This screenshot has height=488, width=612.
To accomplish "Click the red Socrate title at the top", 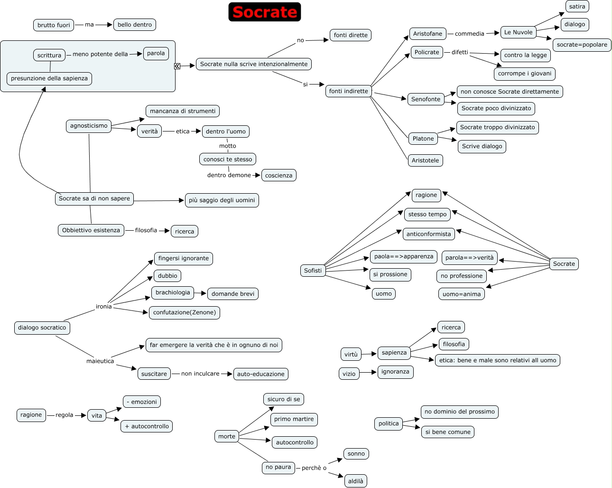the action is (x=264, y=12).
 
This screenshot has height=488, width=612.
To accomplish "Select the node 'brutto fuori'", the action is (x=54, y=25).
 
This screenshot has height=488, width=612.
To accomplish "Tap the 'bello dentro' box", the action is (x=135, y=25).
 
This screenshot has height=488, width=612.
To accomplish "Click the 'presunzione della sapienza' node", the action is (x=49, y=78).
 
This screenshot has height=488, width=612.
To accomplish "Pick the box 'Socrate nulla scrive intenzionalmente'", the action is (x=254, y=64).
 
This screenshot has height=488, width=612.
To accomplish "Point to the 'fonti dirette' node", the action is (x=351, y=35).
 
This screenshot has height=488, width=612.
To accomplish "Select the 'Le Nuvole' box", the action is (x=518, y=32).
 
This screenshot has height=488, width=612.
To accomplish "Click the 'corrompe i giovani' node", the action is (x=524, y=74).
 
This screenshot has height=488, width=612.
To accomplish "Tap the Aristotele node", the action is (x=425, y=160).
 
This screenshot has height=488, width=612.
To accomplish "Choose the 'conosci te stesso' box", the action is (x=228, y=159).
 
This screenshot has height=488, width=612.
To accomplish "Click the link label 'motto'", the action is (x=228, y=146).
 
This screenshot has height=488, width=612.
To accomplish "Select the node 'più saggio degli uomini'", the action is (x=222, y=200).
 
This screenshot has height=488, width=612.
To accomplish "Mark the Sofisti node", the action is (x=313, y=270).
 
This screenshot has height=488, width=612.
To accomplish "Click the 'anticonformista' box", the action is (x=428, y=234).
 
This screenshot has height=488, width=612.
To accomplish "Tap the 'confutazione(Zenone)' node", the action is (x=184, y=312).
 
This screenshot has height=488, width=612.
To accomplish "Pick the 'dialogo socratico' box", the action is (x=42, y=328).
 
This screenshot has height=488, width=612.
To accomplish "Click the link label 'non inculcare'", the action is (x=200, y=373).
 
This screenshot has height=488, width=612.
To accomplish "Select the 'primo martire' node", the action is (x=294, y=419).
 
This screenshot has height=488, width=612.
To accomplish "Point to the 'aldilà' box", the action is (x=355, y=481).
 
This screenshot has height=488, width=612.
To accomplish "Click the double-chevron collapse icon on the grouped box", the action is (x=177, y=66).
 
